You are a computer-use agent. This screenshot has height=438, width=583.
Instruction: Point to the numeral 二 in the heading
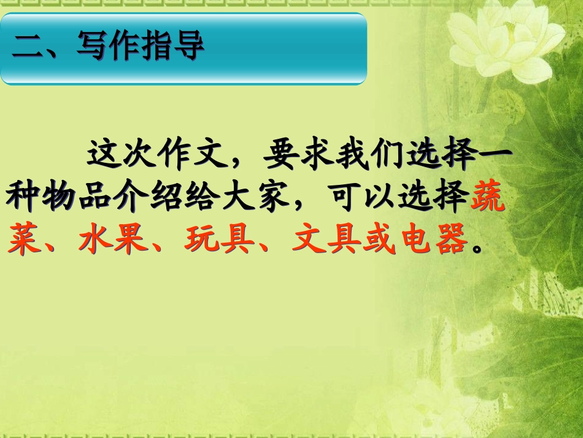pyautogui.click(x=28, y=47)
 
